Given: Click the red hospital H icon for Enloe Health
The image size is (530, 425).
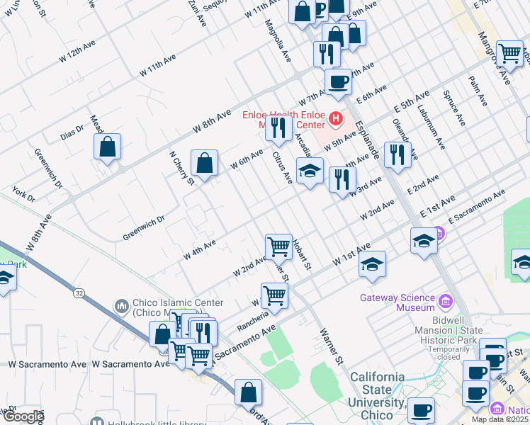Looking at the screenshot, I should pyautogui.click(x=337, y=118).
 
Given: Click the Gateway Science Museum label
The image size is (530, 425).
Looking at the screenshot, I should pyautogui.click(x=397, y=302).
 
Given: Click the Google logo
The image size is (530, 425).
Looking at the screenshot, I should pyautogui.click(x=23, y=417).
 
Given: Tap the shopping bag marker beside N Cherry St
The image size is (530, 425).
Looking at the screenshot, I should pyautogui.click(x=204, y=164).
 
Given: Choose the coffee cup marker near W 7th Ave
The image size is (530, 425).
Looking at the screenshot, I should pyautogui.click(x=338, y=81).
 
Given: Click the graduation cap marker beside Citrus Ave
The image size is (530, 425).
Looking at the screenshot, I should pyautogui.click(x=310, y=171).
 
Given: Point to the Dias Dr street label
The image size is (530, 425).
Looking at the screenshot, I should pyautogui.click(x=72, y=132).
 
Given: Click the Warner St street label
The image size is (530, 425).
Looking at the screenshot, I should pyautogui.click(x=332, y=346).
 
